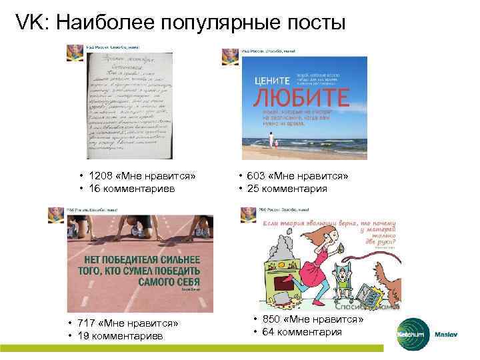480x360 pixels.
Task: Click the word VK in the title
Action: point(29,22)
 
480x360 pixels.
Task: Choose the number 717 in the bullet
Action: point(88,323)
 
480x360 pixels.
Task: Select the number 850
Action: point(273,320)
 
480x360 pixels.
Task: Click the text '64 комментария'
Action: point(303,332)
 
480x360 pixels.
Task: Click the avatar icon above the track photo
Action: point(56,215)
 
